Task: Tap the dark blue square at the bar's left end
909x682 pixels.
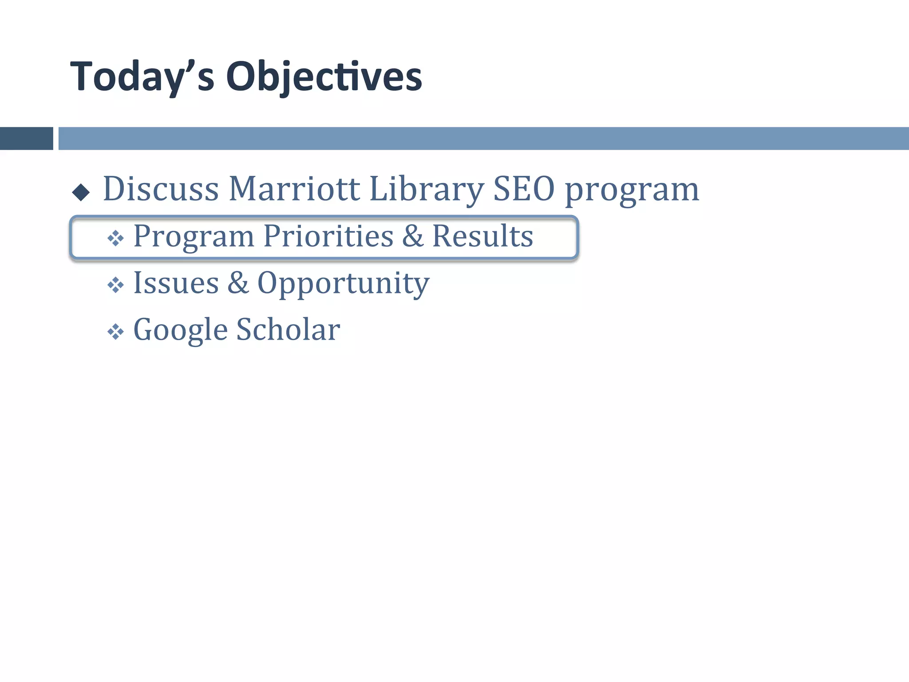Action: coord(26,139)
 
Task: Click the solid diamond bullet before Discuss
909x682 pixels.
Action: coord(81,192)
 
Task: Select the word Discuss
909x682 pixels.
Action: coord(161,189)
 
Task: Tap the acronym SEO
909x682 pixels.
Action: coord(524,189)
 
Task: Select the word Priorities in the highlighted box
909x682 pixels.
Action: coord(328,236)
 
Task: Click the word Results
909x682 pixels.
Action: coord(482,236)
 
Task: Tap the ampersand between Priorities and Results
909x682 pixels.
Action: coord(413,236)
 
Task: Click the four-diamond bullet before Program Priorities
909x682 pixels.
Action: coord(115,238)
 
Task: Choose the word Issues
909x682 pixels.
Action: coord(176,283)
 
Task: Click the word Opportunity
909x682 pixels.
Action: coord(343,284)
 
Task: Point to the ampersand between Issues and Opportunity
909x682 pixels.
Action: coord(238,283)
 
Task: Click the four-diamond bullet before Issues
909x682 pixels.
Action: coord(115,285)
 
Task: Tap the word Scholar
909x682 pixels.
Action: coord(288,329)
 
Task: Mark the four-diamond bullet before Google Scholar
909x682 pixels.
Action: coord(115,332)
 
